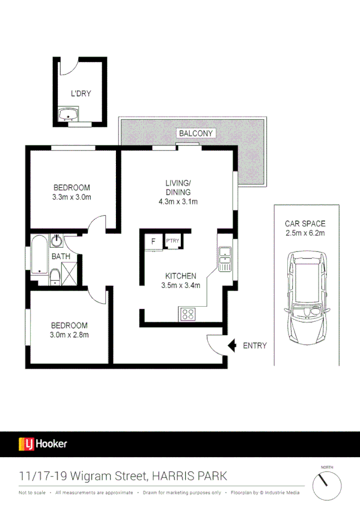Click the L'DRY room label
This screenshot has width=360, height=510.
pyautogui.click(x=81, y=94)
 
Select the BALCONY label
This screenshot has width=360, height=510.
pyautogui.click(x=193, y=132)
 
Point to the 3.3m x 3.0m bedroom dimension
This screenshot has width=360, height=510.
pyautogui.click(x=72, y=197)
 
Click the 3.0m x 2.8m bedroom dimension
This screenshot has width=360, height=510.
pyautogui.click(x=70, y=335)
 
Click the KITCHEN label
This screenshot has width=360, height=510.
pyautogui.click(x=180, y=277)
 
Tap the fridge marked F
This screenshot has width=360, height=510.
pyautogui.click(x=153, y=242)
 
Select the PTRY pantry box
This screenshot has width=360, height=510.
pyautogui.click(x=173, y=242)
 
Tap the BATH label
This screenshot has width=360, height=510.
pyautogui.click(x=60, y=256)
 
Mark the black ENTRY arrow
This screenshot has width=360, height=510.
pyautogui.click(x=232, y=345)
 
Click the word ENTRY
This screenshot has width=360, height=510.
pyautogui.click(x=254, y=346)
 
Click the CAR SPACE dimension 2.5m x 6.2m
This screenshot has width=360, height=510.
pyautogui.click(x=305, y=233)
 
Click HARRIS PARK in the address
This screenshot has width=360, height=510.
pyautogui.click(x=189, y=476)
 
